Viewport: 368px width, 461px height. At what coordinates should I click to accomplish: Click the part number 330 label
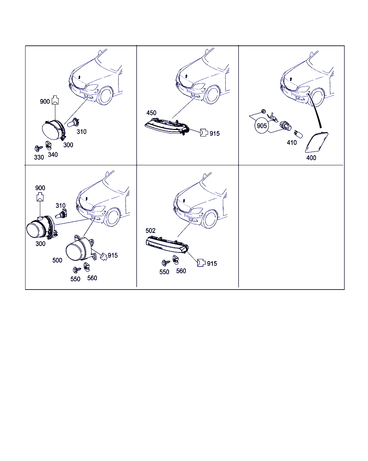click(39, 157)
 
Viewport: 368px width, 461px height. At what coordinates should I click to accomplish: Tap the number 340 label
click(53, 155)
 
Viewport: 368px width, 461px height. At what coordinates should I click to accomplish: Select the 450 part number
click(151, 113)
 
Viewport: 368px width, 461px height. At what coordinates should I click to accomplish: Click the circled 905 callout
click(262, 126)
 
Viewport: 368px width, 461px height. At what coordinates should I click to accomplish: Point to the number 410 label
click(292, 143)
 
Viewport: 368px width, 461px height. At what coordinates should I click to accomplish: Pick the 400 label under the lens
click(311, 158)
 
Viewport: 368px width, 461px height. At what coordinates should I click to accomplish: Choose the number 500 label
click(57, 260)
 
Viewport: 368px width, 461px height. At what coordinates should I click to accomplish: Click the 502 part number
click(151, 230)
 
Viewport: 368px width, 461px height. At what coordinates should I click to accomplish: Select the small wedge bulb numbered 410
click(298, 134)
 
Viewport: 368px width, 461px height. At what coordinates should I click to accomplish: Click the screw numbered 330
click(38, 148)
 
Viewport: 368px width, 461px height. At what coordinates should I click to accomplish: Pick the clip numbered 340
click(49, 145)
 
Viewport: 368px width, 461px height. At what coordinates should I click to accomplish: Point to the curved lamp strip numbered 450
click(167, 127)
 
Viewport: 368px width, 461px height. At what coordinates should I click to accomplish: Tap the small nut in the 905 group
click(263, 111)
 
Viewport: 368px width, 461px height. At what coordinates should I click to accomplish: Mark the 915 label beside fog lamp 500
click(113, 255)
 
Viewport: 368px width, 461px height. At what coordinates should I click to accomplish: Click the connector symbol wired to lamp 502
click(201, 263)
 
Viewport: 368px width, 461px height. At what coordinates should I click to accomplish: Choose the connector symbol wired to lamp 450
click(204, 133)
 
